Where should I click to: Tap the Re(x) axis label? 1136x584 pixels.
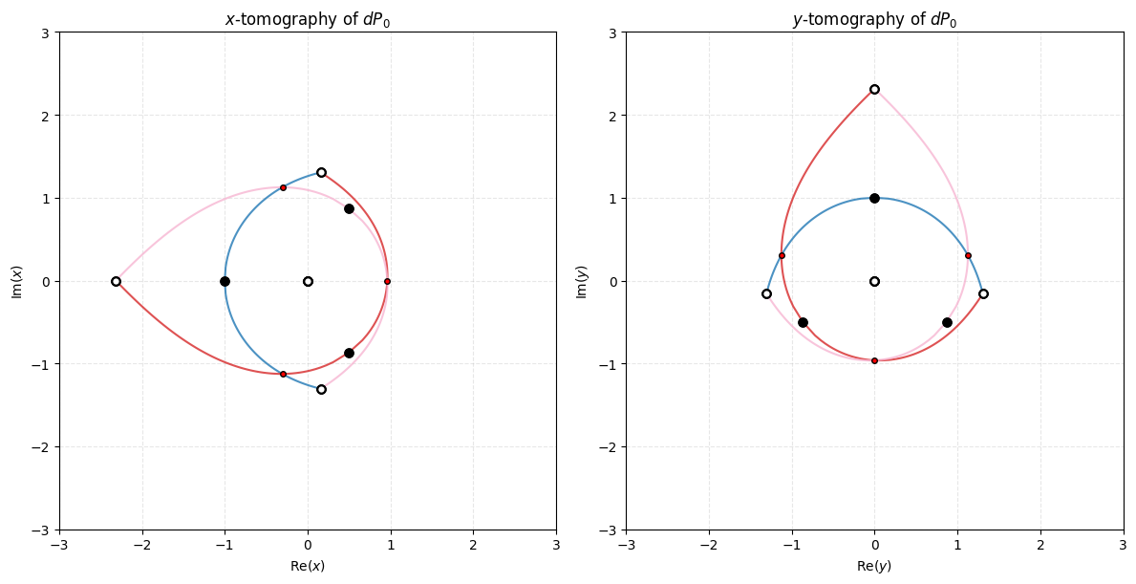pyautogui.click(x=307, y=566)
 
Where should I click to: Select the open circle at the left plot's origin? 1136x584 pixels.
pyautogui.click(x=308, y=281)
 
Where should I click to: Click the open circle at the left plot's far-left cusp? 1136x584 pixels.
pyautogui.click(x=116, y=281)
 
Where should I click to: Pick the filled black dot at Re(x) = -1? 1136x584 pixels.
pyautogui.click(x=225, y=281)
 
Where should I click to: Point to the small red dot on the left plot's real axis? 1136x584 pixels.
pyautogui.click(x=387, y=281)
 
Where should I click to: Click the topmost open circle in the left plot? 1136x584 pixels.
pyautogui.click(x=321, y=173)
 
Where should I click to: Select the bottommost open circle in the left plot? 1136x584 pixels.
pyautogui.click(x=321, y=389)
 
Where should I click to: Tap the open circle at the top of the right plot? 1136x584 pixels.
pyautogui.click(x=874, y=89)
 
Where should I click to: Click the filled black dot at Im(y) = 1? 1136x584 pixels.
pyautogui.click(x=874, y=198)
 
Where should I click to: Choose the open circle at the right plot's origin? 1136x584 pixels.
pyautogui.click(x=874, y=281)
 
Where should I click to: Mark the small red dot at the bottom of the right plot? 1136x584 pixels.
pyautogui.click(x=874, y=360)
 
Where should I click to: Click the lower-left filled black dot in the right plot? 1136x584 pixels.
pyautogui.click(x=803, y=322)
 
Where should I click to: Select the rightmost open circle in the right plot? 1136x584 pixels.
pyautogui.click(x=983, y=293)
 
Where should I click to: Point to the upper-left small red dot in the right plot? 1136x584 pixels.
pyautogui.click(x=782, y=255)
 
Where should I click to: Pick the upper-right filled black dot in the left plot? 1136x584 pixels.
pyautogui.click(x=349, y=208)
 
